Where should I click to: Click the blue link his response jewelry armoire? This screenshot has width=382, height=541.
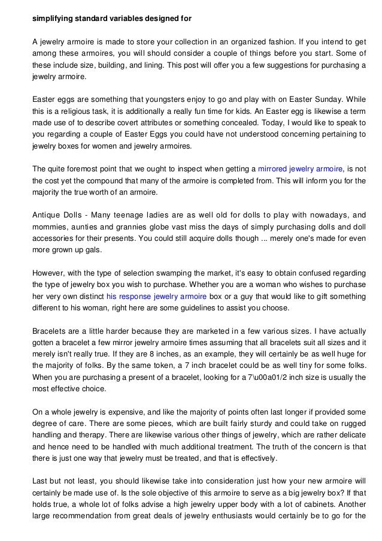point(156,297)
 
